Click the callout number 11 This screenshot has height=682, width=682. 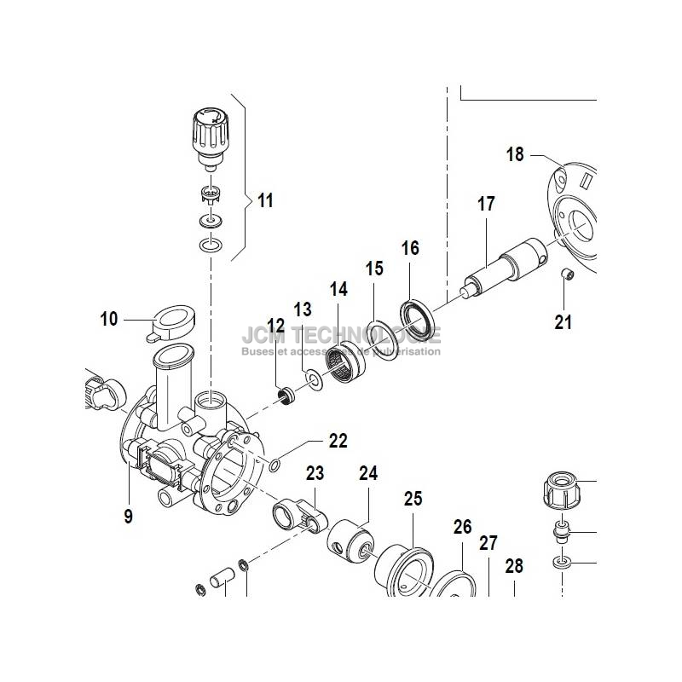click(x=265, y=201)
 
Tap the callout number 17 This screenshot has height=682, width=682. click(x=486, y=205)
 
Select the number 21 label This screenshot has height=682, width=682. click(x=564, y=322)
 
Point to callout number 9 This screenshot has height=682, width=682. click(x=128, y=516)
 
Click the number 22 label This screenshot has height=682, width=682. click(x=338, y=441)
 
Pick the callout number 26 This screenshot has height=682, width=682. click(x=462, y=527)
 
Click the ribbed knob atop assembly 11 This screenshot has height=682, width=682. click(x=210, y=134)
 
